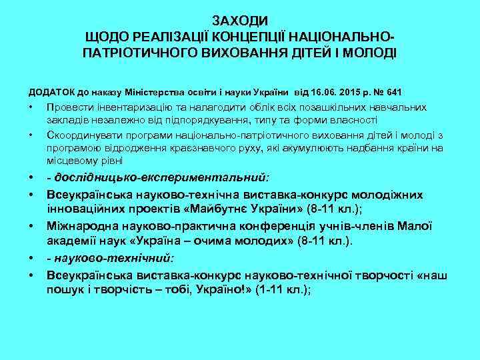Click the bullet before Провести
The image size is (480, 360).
tap(31, 107)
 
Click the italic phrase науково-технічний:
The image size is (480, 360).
tap(111, 257)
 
